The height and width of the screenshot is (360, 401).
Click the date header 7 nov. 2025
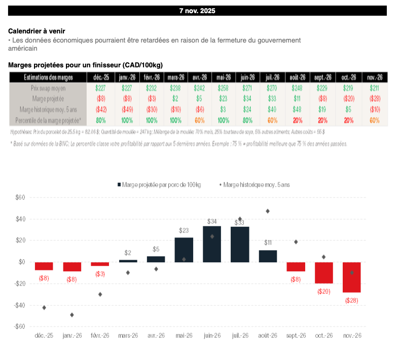(197, 10)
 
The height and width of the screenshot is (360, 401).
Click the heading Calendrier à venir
(37, 31)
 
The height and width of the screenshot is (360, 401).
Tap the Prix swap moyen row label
(48, 88)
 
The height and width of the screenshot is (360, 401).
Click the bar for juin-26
(212, 244)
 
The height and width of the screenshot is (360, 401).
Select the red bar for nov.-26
(352, 277)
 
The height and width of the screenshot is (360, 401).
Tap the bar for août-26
(268, 256)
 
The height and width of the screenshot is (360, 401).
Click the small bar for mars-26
(128, 261)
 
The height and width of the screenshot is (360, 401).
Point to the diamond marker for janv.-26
(72, 315)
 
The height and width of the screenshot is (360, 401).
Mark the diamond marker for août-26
(268, 211)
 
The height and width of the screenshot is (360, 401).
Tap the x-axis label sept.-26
(296, 336)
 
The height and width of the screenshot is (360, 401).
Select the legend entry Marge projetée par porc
(159, 185)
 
